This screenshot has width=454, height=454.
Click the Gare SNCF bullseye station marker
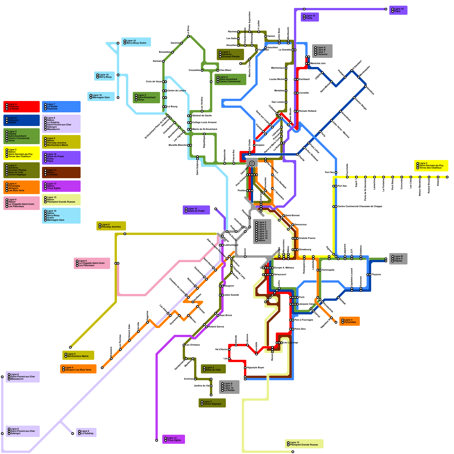tap(252, 163)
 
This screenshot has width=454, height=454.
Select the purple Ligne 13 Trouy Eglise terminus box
tap(173, 439)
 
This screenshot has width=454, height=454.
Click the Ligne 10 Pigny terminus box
tap(398, 10)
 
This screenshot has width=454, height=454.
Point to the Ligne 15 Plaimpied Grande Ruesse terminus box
tap(304, 444)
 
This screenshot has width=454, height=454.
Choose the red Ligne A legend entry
tap(22, 107)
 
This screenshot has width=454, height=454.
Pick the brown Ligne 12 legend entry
tap(61, 173)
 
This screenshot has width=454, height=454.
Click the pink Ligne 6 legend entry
tap(22, 203)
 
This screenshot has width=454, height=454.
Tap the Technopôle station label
tap(328, 270)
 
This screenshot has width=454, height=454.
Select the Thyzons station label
tap(376, 275)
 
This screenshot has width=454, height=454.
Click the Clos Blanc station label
tap(226, 70)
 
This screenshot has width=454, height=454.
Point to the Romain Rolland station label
tap(308, 111)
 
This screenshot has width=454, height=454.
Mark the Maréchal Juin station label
tap(318, 64)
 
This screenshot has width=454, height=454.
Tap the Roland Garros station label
tap(216, 327)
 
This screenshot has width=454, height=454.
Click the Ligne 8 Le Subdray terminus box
tap(86, 432)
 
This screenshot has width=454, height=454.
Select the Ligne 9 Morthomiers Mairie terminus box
tap(78, 355)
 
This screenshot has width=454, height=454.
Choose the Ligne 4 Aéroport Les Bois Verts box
tap(78, 369)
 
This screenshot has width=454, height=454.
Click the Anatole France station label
tap(307, 238)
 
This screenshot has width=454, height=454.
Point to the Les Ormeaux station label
tap(193, 345)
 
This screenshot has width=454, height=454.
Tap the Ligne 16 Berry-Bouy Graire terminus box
tap(136, 42)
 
